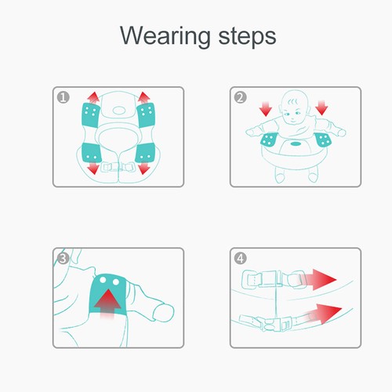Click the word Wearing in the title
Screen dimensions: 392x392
[165, 37]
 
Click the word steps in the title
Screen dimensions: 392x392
[247, 37]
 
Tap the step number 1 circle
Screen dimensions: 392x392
[63, 97]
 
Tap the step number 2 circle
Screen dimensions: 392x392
[240, 97]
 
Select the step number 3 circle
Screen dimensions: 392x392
[63, 259]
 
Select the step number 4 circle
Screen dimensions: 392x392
[240, 259]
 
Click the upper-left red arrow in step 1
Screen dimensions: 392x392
[93, 98]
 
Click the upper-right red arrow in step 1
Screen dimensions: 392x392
[144, 98]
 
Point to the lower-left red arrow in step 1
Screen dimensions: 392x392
[93, 168]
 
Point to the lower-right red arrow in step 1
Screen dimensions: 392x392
[144, 168]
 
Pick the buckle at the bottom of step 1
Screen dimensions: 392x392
[118, 167]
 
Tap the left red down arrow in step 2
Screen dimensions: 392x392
[266, 108]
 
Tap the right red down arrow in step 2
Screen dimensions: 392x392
[321, 107]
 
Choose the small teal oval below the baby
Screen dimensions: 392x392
[296, 143]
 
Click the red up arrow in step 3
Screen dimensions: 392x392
[107, 303]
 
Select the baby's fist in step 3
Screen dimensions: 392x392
[164, 312]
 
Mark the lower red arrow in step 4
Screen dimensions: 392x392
[323, 314]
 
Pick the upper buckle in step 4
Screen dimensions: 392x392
[274, 279]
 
